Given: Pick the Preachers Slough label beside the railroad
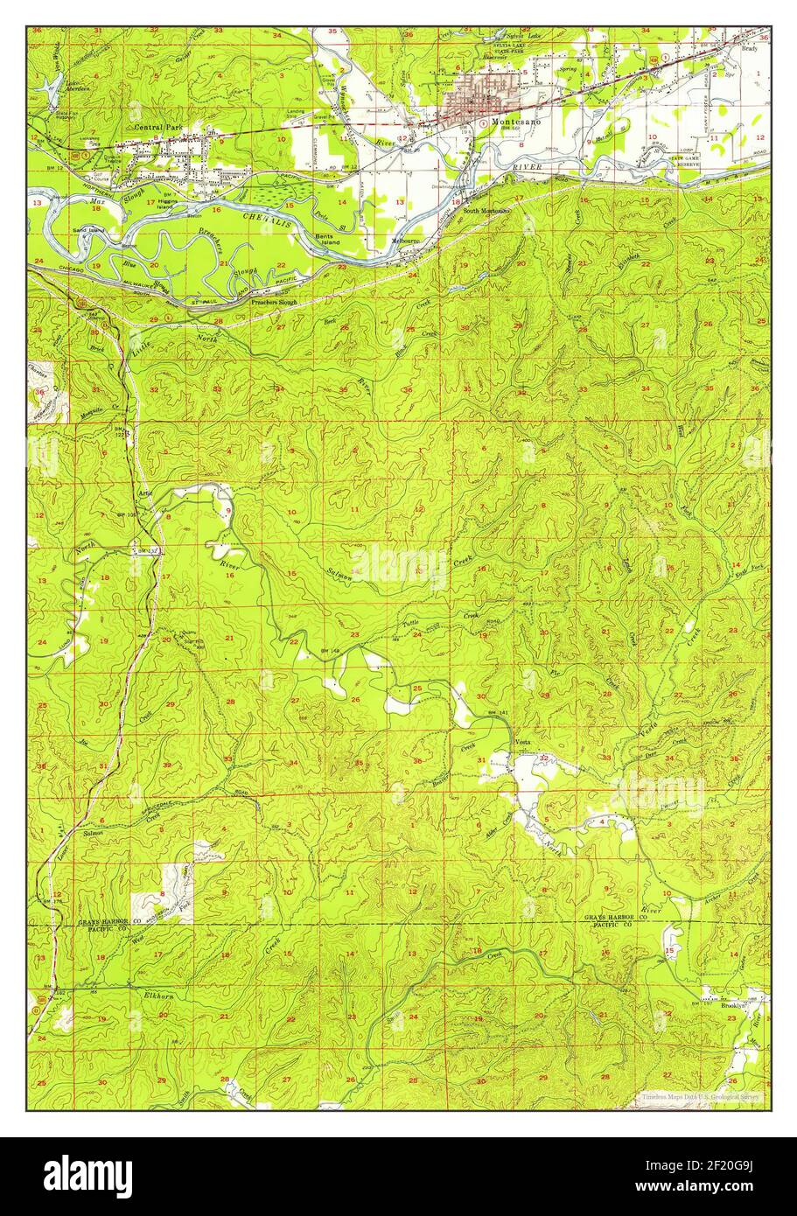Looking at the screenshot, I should (274, 302).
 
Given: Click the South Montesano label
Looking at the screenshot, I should (486, 211).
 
